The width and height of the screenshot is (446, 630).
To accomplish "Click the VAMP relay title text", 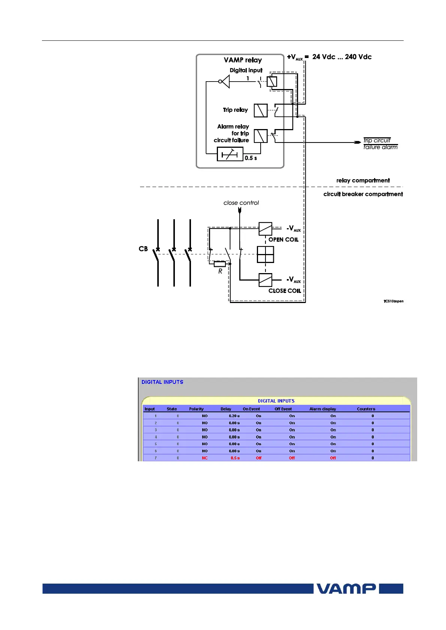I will pyautogui.click(x=243, y=60).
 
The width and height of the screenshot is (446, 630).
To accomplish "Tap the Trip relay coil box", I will pyautogui.click(x=261, y=110).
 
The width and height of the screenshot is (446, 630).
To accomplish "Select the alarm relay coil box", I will pyautogui.click(x=261, y=136).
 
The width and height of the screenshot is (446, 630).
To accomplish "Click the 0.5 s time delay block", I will pyautogui.click(x=230, y=154).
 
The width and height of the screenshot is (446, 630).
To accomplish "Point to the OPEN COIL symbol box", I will pyautogui.click(x=265, y=229).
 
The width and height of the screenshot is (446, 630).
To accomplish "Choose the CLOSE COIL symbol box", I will pyautogui.click(x=265, y=280).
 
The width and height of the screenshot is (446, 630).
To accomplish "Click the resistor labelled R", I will pyautogui.click(x=220, y=264).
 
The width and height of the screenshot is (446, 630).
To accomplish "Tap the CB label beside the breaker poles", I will pyautogui.click(x=143, y=249).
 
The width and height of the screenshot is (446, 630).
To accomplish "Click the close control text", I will pyautogui.click(x=241, y=203).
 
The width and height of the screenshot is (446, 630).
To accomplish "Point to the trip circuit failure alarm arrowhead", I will pyautogui.click(x=358, y=143).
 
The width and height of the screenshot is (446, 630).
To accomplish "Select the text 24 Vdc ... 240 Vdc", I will pyautogui.click(x=342, y=57).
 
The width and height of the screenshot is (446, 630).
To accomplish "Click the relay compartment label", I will pyautogui.click(x=363, y=180).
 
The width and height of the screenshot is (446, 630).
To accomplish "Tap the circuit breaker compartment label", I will pyautogui.click(x=363, y=194).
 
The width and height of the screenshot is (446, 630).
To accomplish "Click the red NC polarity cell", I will pyautogui.click(x=204, y=458).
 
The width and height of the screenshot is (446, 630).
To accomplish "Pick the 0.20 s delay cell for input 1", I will pyautogui.click(x=234, y=416).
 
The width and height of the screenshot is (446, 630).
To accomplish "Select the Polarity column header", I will pyautogui.click(x=196, y=409).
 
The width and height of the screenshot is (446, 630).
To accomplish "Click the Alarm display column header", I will pyautogui.click(x=322, y=409).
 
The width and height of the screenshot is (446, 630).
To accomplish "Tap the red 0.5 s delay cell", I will pyautogui.click(x=235, y=458).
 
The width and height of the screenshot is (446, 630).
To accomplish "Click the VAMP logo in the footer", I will pyautogui.click(x=346, y=588).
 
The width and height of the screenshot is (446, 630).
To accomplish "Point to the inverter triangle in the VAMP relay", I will pyautogui.click(x=225, y=81).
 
